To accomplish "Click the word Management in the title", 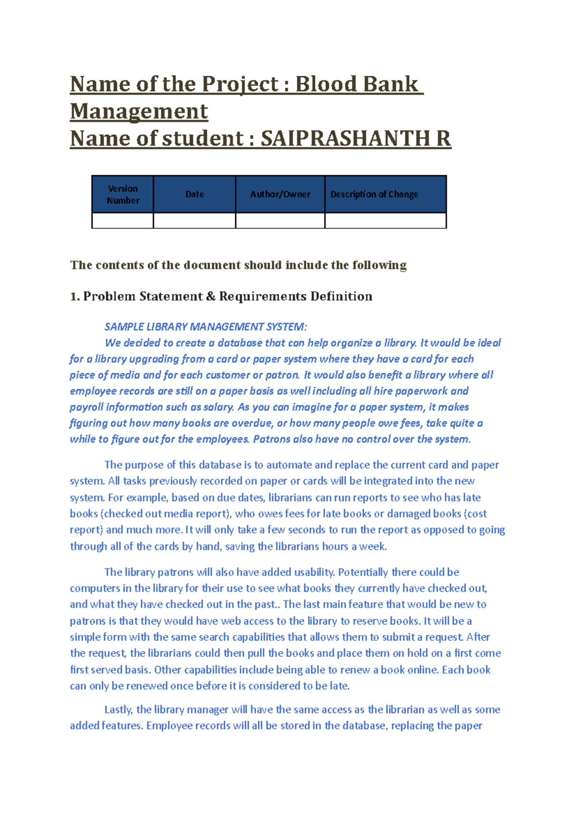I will tap(139, 111).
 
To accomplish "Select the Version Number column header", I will tap(123, 194).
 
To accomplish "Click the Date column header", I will tap(194, 194).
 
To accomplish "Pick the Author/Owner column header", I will tap(280, 194).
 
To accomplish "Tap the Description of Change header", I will tap(374, 194).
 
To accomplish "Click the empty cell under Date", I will tap(194, 220).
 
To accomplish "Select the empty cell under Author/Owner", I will tap(280, 220).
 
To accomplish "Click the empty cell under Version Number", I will tap(123, 220).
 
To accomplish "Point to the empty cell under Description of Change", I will tap(385, 220).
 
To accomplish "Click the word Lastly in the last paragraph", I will tap(118, 709).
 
